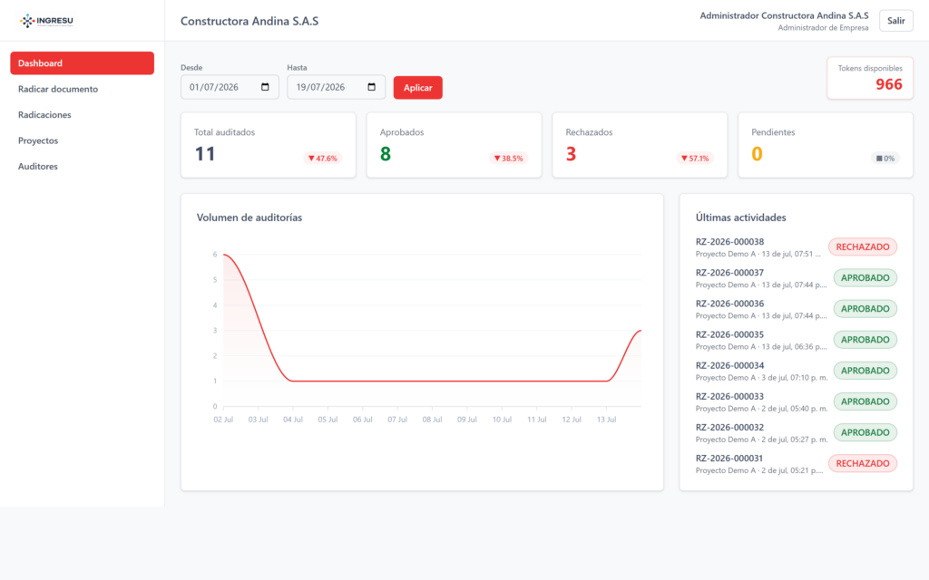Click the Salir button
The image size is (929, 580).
pos(895,21)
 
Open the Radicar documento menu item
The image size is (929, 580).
pos(58,89)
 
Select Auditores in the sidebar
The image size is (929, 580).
pos(38,167)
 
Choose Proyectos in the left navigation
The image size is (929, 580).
pos(38,140)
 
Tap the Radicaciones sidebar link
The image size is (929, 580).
pos(44,115)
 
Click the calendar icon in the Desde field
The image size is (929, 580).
pos(265,87)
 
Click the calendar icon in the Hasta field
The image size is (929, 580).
pos(371,87)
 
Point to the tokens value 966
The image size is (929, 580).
pos(889,84)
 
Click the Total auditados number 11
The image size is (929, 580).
pos(205,154)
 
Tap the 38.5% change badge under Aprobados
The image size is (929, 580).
pos(508,158)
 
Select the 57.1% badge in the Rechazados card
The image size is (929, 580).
pos(694,158)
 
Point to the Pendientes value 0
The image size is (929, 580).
pos(757,154)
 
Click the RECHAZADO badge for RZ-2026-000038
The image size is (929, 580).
pos(863,246)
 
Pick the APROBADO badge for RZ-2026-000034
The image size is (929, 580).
pos(865,371)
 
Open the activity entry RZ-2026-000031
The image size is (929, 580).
pos(729,458)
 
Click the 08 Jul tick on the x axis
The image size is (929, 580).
pos(432,419)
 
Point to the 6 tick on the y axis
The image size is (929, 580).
pos(215,255)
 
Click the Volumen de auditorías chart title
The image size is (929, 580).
pos(249,217)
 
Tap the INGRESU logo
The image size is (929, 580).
pos(46,21)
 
